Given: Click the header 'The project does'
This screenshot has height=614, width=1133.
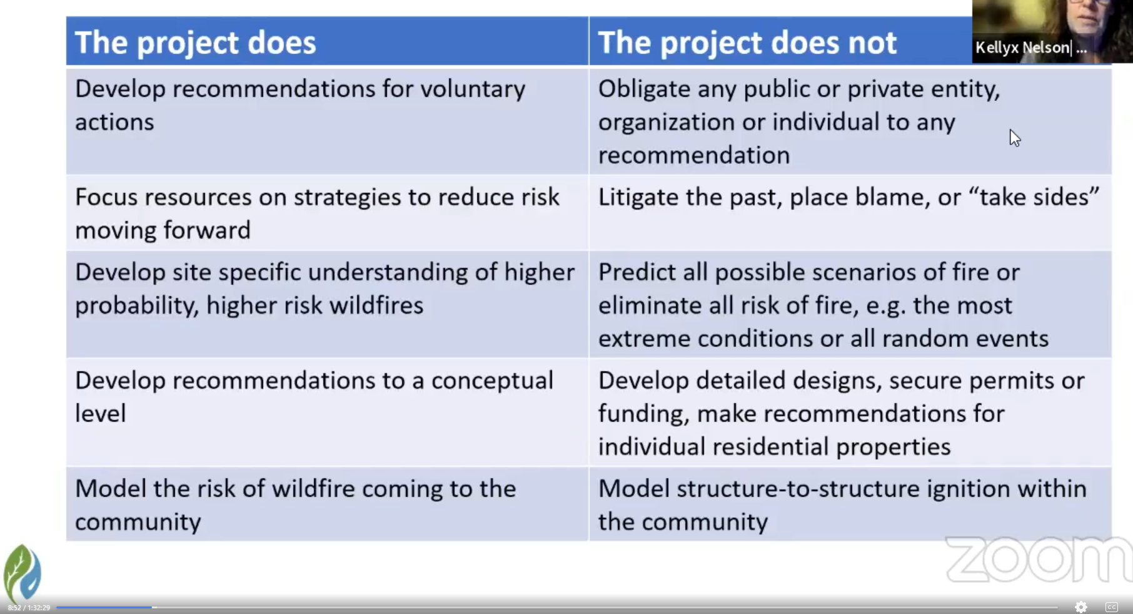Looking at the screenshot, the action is click(x=195, y=43).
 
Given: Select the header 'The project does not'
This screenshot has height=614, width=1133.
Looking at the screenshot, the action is click(x=747, y=43).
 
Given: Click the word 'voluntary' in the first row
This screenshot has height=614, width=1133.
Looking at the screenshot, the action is click(x=473, y=90).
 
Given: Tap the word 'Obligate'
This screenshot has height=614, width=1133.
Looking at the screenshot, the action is click(x=644, y=90).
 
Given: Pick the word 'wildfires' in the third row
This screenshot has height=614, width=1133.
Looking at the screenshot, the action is click(x=376, y=305).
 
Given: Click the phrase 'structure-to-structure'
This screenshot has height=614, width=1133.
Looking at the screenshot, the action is click(x=798, y=489).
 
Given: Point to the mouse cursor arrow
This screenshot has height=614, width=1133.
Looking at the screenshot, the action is click(x=1014, y=138).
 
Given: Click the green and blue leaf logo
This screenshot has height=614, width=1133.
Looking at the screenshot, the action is click(x=23, y=573).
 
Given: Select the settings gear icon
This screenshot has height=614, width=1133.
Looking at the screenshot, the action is click(x=1081, y=606).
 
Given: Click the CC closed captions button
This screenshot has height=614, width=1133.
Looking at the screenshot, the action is click(x=1112, y=606).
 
